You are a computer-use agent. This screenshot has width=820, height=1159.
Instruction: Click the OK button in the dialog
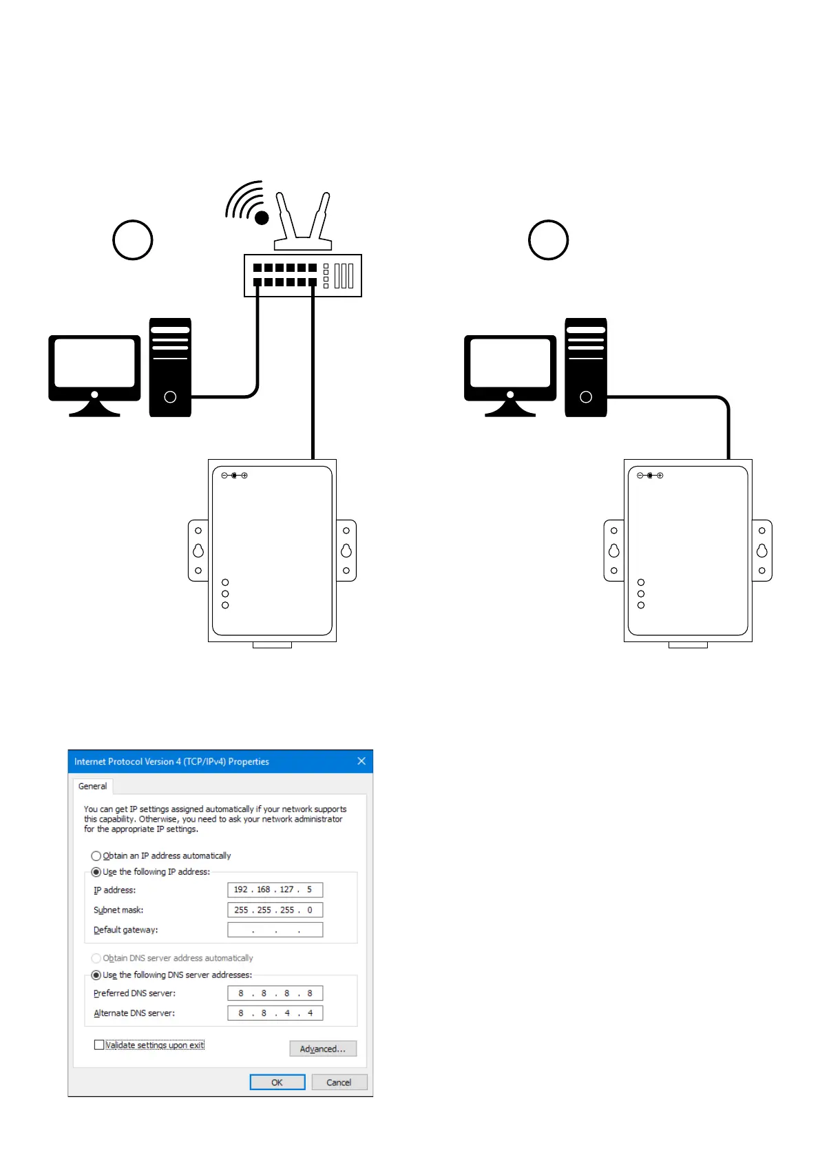(277, 1082)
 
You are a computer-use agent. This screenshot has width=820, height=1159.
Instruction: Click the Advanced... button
(323, 1049)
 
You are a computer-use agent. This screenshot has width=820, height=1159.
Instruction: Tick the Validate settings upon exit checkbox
(99, 1045)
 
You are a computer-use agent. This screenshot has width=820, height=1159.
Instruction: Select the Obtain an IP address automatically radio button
(96, 856)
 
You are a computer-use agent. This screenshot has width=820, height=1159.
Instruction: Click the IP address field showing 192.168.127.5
(275, 890)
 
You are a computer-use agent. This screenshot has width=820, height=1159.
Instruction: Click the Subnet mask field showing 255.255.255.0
(275, 910)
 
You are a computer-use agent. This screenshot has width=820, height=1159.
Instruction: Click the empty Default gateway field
(275, 930)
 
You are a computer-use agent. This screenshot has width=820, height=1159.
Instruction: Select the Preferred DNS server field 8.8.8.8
(275, 993)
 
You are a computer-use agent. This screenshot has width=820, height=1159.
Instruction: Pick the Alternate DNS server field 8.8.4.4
(275, 1013)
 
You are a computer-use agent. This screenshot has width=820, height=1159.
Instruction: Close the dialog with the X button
(361, 761)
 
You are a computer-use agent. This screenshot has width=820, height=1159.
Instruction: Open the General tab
(92, 786)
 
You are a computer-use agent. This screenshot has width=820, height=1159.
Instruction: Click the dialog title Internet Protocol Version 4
(171, 762)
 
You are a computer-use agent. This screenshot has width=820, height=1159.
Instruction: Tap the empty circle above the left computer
(132, 240)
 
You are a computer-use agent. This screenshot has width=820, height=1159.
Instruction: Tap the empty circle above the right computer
(548, 240)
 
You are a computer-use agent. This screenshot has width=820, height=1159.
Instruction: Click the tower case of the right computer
(586, 368)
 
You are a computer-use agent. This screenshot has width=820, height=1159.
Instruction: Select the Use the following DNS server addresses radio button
(96, 975)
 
